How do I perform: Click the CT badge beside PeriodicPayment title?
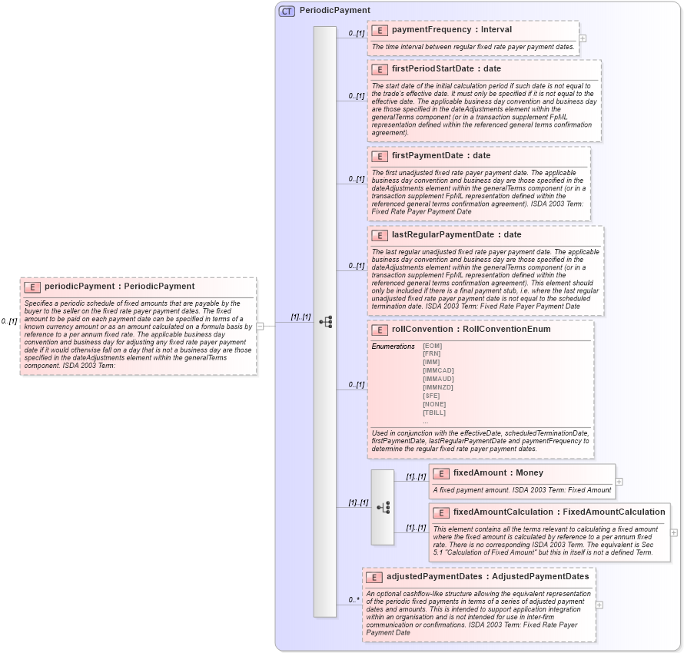pos(287,11)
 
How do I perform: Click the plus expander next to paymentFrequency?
pos(583,38)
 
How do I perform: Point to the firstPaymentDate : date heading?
pos(440,156)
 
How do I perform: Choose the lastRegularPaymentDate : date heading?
pos(456,235)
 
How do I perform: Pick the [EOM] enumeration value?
pos(432,346)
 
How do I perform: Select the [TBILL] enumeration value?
pos(434,413)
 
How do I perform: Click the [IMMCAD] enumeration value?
pos(438,371)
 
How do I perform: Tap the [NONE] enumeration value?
pos(434,404)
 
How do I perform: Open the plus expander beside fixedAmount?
pos(619,482)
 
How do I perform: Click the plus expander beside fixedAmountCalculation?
pos(674,532)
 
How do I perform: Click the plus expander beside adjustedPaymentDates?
pos(599,605)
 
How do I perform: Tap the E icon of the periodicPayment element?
pos(32,287)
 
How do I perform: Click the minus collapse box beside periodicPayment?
pos(261,326)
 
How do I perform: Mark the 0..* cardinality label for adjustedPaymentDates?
pos(354,600)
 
